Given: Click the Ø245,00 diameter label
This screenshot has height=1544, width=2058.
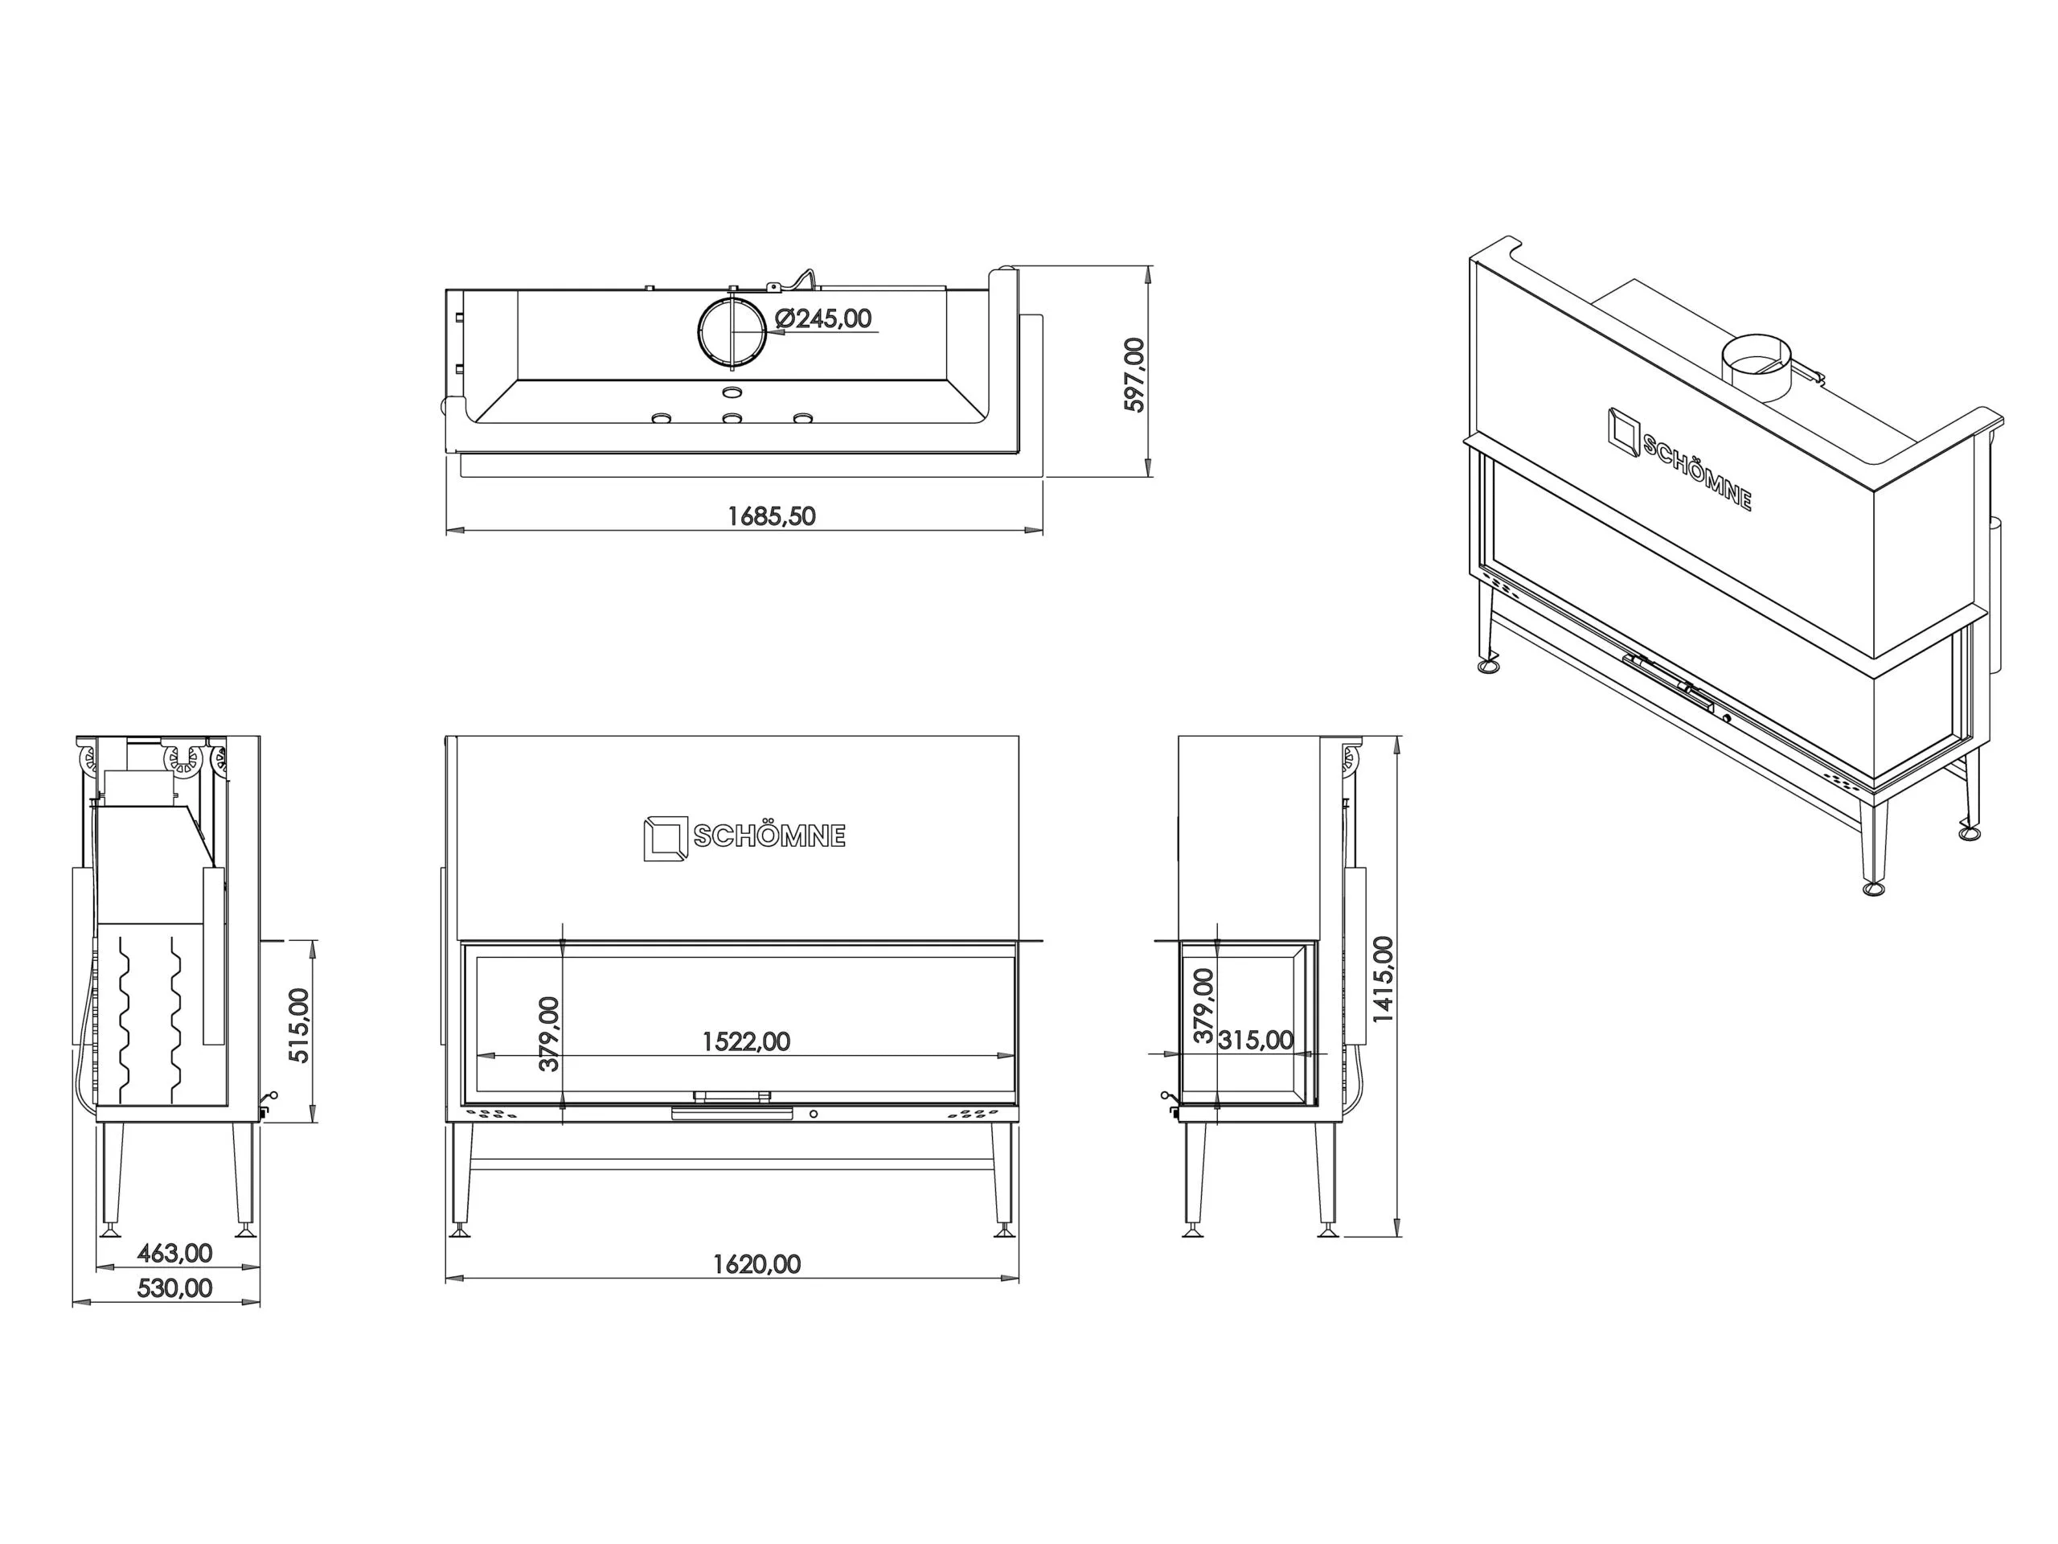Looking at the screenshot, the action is pos(823,318).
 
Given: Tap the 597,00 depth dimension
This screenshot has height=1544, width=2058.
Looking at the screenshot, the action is pos(1135,374).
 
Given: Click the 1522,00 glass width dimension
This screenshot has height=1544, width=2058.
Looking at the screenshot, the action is pos(746,1041).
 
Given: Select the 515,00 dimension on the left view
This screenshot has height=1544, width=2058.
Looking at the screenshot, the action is pos(299,1025).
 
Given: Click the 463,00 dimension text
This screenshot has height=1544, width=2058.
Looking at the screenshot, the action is pos(175,1253).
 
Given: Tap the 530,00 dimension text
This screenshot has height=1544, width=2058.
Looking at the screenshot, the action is pos(175,1288).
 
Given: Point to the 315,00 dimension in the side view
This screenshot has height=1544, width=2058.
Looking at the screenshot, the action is pos(1255,1040).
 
